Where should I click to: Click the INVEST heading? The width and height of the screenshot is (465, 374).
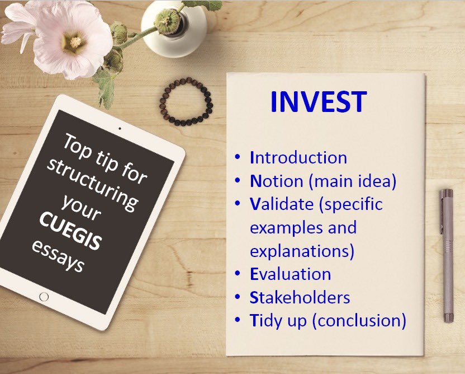(319, 101)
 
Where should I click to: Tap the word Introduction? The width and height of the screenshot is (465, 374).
(298, 157)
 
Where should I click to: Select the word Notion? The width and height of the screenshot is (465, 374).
(277, 181)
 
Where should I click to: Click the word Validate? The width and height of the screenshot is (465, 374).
(282, 204)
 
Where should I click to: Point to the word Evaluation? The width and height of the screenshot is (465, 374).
(290, 274)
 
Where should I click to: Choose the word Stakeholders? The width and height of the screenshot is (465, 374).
(300, 297)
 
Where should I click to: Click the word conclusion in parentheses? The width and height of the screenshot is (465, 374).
(359, 321)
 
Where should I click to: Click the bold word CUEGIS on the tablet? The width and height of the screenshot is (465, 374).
(70, 231)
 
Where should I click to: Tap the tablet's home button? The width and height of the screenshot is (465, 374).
(44, 297)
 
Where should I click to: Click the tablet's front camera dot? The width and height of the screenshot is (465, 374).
(120, 129)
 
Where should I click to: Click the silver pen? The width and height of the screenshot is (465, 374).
(447, 255)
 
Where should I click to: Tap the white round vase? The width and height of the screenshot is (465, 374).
(174, 28)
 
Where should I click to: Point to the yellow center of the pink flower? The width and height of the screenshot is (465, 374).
(75, 42)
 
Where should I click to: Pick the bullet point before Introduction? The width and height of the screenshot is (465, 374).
(237, 156)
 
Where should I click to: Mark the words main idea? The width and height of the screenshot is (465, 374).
(353, 181)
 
